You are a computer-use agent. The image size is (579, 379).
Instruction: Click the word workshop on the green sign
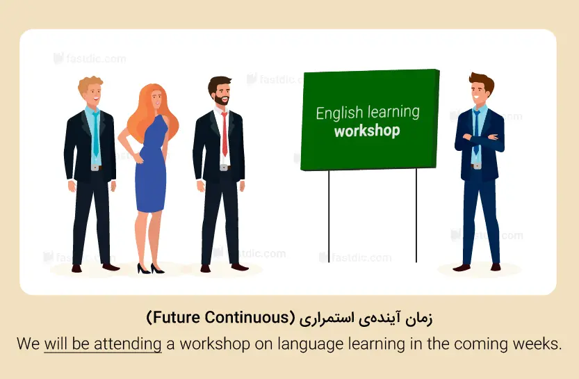[x=367, y=131]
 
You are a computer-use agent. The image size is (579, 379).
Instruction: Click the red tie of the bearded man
[x=225, y=134]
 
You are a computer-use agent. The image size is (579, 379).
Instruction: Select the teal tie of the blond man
[x=96, y=134]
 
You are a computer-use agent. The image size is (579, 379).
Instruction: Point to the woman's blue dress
[x=151, y=166]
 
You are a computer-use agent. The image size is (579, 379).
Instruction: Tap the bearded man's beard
[x=222, y=99]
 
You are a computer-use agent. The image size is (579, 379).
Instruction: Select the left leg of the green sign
[x=329, y=216]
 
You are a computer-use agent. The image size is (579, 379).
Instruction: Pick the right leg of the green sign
[x=416, y=216]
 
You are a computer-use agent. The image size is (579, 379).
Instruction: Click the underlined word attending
[x=128, y=344]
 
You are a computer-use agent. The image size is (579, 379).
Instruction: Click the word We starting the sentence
[x=28, y=344]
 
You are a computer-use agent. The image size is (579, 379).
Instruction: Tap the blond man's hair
[x=90, y=84]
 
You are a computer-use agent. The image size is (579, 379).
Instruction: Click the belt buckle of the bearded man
[x=224, y=168]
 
